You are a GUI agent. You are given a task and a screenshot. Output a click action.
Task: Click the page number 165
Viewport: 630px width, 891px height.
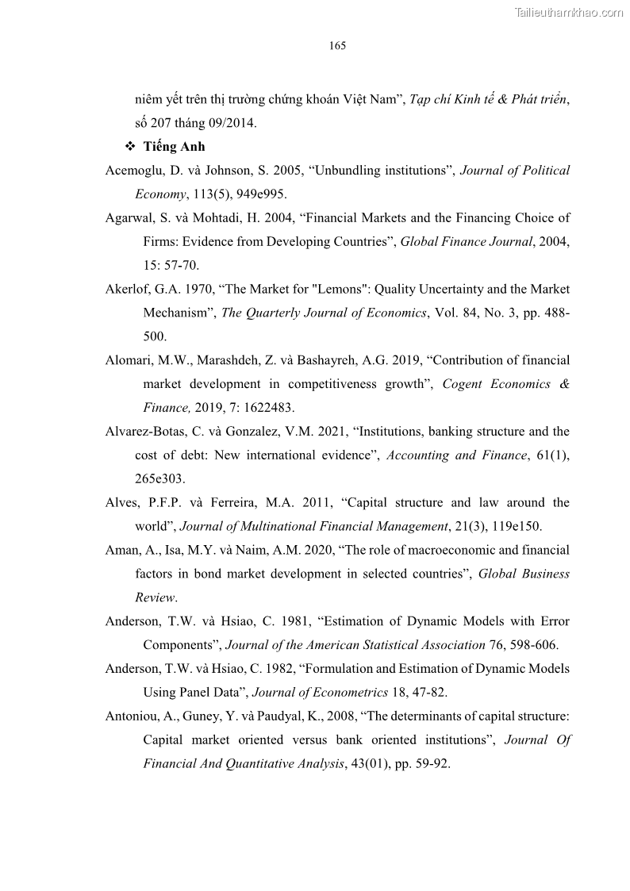pos(337,46)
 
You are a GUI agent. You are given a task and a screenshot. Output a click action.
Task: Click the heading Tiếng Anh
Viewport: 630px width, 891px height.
pos(174,147)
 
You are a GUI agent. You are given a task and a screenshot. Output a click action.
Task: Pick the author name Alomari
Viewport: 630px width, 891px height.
pos(129,360)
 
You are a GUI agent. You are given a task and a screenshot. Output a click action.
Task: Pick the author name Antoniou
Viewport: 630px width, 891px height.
pos(130,716)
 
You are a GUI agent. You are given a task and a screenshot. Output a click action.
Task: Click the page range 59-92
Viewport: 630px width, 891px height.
pos(430,764)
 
